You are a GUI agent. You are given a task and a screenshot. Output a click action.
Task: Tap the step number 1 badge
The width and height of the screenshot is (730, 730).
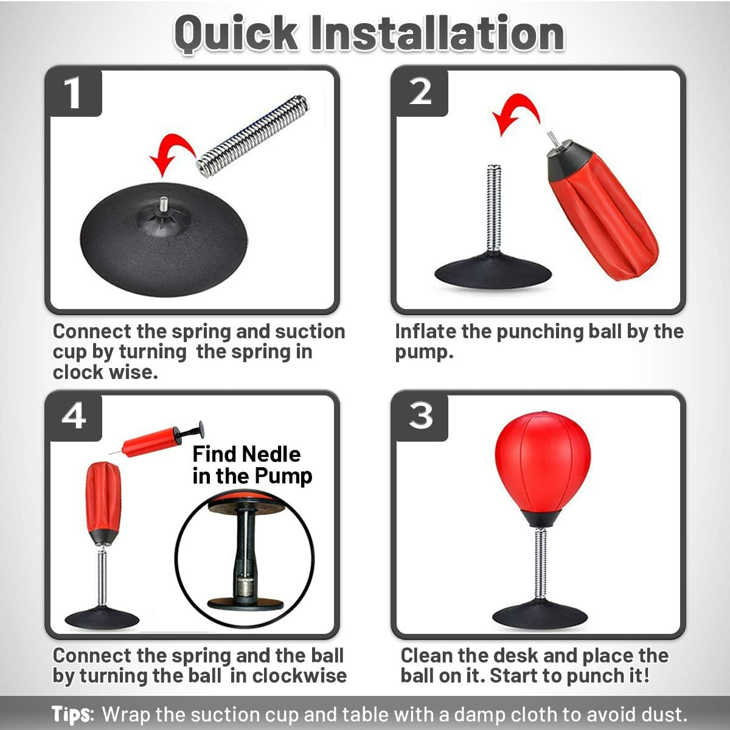point(74,93)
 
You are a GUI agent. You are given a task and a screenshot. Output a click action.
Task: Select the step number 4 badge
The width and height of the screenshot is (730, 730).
point(74,417)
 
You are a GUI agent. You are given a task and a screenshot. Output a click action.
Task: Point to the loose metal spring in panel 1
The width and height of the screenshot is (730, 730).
point(252,137)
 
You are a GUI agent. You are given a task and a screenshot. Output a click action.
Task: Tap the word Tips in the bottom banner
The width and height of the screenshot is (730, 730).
point(72,714)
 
